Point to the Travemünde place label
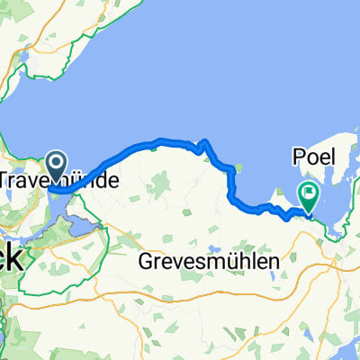[58, 180]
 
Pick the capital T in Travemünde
[5, 180]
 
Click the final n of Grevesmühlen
[274, 261]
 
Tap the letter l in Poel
[330, 157]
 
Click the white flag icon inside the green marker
[310, 191]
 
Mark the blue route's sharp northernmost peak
[206, 141]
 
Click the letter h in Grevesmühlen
[245, 261]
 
